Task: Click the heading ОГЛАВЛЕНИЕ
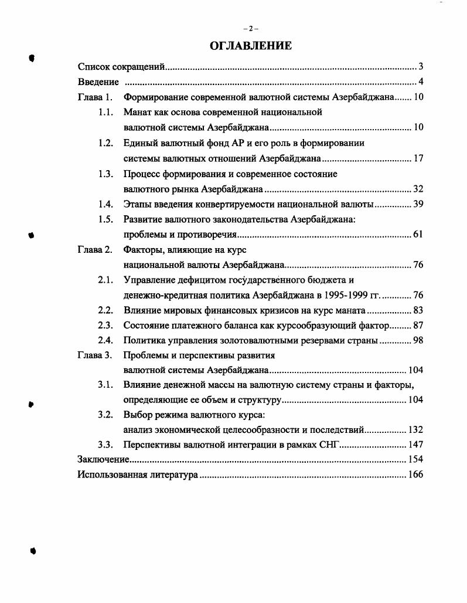coord(250,46)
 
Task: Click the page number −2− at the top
coord(250,29)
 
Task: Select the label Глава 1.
coord(95,97)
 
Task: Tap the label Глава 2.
coord(95,249)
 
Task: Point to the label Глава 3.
coord(95,355)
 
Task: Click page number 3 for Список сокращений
coord(421,66)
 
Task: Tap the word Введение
coord(98,82)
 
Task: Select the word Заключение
coord(104,459)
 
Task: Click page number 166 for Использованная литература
coord(415,475)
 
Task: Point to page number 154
coord(415,459)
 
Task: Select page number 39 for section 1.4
coord(418,204)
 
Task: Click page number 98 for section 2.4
coord(418,340)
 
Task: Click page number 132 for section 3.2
coord(415,429)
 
